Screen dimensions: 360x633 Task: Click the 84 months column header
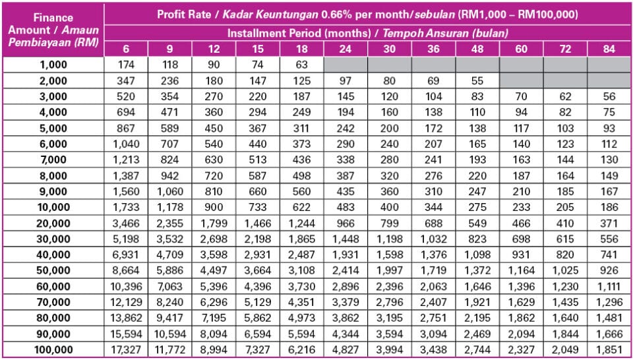[x=609, y=49]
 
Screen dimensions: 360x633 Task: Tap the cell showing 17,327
[x=125, y=349]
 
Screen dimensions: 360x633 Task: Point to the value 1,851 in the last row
[x=609, y=349]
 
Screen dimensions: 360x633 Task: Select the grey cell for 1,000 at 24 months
[x=346, y=65]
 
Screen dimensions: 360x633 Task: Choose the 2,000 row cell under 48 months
[x=477, y=81]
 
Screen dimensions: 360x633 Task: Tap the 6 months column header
[x=125, y=49]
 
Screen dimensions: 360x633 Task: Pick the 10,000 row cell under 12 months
[x=213, y=207]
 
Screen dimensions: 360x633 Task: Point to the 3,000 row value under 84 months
[x=609, y=96]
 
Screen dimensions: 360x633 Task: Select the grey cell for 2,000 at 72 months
[x=565, y=81]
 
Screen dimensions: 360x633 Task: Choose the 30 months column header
[x=390, y=49]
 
